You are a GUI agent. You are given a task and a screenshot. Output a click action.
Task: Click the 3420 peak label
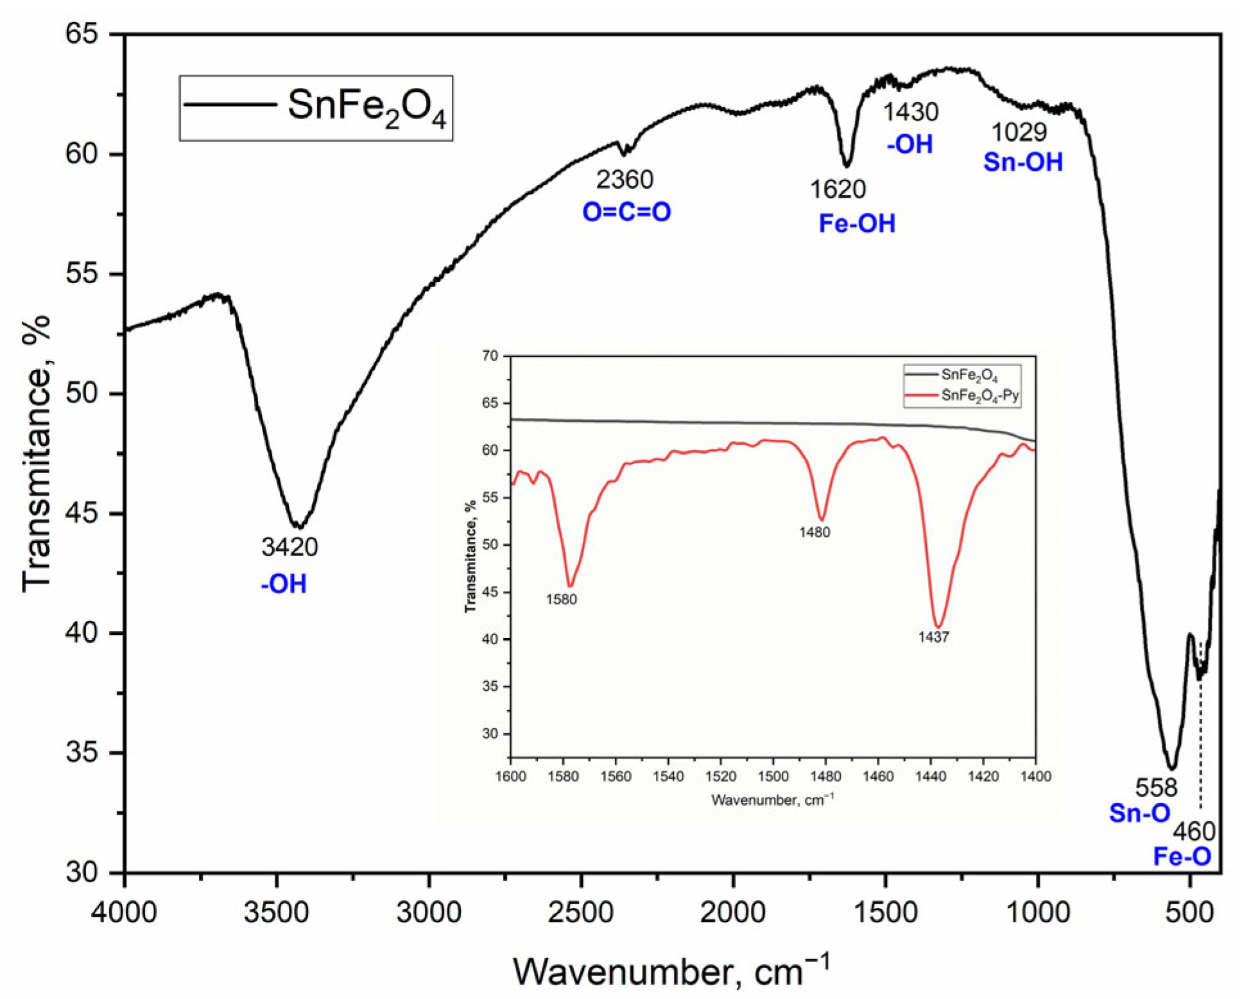point(289,547)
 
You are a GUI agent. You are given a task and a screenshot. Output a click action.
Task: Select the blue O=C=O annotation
point(626,212)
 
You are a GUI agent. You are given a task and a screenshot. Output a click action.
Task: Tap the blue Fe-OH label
point(857,223)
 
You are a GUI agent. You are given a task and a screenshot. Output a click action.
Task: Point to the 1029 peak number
point(1019,132)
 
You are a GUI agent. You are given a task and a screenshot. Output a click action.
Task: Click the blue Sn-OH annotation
point(1023,162)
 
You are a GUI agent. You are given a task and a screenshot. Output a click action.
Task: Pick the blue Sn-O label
point(1140,813)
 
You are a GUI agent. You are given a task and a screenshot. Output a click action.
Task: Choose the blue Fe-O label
point(1182,856)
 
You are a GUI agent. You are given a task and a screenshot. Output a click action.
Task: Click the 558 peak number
point(1157,788)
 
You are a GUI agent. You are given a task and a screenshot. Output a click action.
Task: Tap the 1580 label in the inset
point(562,600)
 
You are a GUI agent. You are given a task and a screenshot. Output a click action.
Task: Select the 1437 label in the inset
point(933,638)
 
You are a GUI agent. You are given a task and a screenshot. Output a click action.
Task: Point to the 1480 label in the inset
point(814,532)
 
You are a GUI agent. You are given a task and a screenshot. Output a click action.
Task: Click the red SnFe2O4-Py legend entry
point(979,395)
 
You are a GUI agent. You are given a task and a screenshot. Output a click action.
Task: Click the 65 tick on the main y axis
point(82,33)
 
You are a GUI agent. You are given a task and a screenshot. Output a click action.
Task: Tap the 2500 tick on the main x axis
point(581,912)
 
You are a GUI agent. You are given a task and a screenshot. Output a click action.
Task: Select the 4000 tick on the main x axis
point(124,912)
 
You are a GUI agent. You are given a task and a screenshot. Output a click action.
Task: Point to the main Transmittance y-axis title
point(37,453)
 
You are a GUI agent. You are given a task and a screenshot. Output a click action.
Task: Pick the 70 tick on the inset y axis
point(490,356)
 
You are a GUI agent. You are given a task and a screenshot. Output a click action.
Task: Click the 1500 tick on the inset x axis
point(773,777)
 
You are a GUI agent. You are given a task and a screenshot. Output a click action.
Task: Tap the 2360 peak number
point(624,180)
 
